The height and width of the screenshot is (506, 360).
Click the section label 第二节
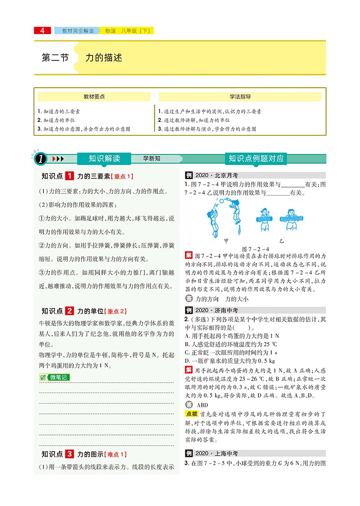coord(55,58)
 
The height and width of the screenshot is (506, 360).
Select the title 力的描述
coord(104,58)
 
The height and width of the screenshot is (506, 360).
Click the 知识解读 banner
coord(104,158)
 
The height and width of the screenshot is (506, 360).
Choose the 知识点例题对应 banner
coord(256,158)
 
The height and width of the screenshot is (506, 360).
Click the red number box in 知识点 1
coord(70,176)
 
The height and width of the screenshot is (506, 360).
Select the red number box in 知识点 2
coord(70,310)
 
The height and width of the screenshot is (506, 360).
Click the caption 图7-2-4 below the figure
coord(255,249)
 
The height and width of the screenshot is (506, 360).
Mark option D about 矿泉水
coord(230,361)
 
